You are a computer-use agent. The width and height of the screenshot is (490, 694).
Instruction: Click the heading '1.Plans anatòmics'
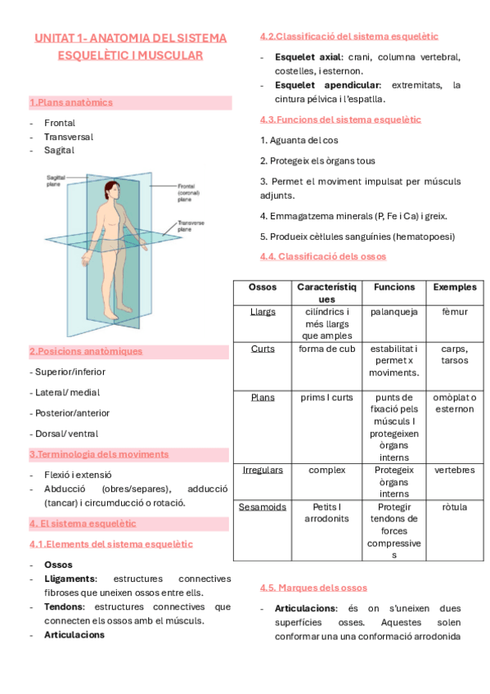click(71, 103)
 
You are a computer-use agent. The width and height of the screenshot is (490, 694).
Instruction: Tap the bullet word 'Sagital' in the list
click(60, 151)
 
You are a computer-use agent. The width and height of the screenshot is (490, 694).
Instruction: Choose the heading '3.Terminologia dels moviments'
click(99, 454)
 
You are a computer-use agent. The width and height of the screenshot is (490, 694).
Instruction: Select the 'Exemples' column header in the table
click(454, 287)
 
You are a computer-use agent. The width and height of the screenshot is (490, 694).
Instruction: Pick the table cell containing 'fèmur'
click(454, 312)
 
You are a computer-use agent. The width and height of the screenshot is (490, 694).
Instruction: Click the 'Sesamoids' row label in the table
click(263, 507)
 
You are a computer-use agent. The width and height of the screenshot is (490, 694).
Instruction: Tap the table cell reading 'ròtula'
click(454, 507)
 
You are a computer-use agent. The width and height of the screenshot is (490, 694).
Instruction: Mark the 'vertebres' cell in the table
click(454, 471)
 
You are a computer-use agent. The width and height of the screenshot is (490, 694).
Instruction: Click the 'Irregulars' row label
click(263, 471)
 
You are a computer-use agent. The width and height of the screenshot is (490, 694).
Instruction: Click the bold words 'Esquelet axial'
click(309, 57)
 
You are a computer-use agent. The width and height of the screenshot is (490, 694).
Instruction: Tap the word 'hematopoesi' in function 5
click(424, 237)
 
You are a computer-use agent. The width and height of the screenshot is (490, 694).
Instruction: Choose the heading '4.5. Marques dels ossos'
click(313, 588)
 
